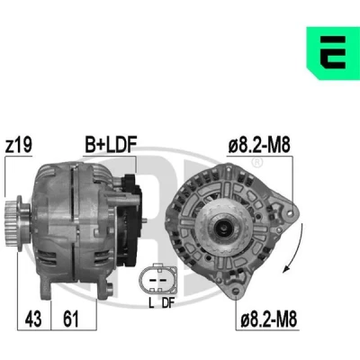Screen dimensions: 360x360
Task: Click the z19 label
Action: [x=19, y=145]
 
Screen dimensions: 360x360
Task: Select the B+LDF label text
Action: [x=111, y=145]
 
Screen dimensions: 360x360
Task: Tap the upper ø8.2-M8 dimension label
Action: [x=259, y=146]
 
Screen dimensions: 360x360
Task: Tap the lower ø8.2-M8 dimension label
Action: [x=269, y=319]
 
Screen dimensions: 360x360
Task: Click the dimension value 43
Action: [x=33, y=319]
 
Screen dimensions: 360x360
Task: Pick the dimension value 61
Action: [x=71, y=319]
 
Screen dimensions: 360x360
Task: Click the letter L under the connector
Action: [x=151, y=303]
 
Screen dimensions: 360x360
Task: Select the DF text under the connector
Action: [x=168, y=303]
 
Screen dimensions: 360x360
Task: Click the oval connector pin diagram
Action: [x=157, y=279]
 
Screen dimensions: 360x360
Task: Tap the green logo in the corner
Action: [x=333, y=53]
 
